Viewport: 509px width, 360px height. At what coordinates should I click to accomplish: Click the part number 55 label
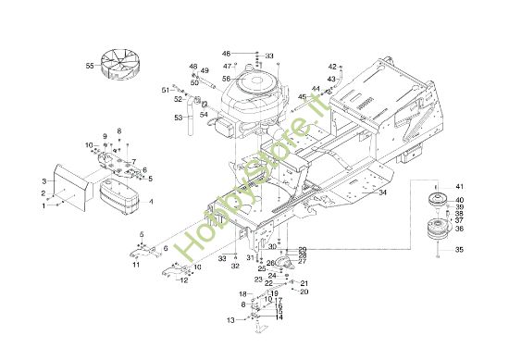click(90, 67)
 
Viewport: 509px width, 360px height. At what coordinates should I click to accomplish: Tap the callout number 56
click(226, 79)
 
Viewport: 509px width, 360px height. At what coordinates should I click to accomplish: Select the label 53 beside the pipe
click(179, 118)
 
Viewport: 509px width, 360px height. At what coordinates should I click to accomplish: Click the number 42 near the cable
click(332, 67)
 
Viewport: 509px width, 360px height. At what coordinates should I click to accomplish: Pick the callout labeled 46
click(226, 55)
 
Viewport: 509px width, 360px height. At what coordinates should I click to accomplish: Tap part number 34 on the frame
click(382, 192)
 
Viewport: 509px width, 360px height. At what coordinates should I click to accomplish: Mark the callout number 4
click(152, 200)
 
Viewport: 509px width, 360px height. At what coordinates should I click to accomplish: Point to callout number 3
click(43, 180)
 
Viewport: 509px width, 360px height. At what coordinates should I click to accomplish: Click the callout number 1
click(43, 205)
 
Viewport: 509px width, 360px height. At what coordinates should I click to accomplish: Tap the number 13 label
click(230, 320)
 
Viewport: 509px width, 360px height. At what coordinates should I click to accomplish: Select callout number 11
click(135, 266)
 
